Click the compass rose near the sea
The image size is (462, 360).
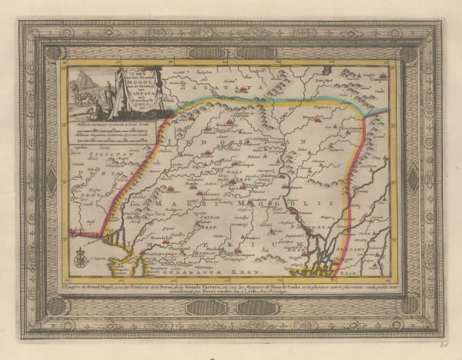[81, 258]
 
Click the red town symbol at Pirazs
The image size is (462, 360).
[308, 123]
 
